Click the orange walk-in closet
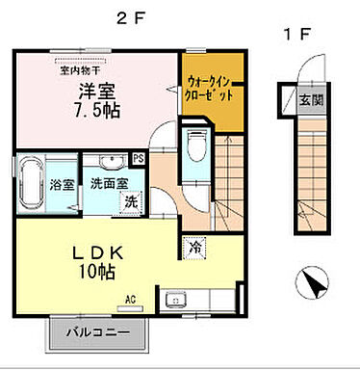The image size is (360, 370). tap(207, 95)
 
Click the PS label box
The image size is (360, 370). tap(138, 158)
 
